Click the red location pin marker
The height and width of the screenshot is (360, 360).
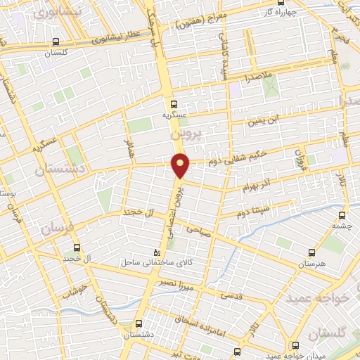click(x=181, y=165)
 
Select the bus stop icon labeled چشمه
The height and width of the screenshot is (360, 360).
click(x=342, y=215)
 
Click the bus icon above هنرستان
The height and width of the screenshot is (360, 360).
click(x=312, y=251)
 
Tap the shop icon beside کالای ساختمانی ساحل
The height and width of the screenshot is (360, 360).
click(x=157, y=251)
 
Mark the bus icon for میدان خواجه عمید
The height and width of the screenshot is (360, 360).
click(x=295, y=345)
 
